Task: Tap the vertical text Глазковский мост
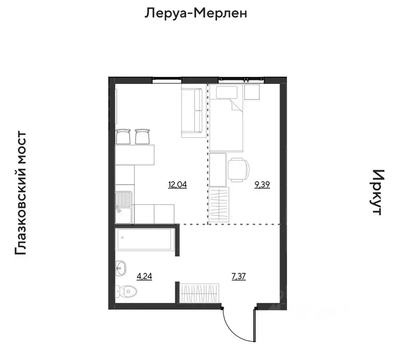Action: [x=21, y=194]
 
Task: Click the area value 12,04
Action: [x=177, y=185]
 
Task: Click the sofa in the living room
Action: [x=192, y=112]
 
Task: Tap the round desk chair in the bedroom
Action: [x=238, y=169]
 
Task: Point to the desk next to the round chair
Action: [x=218, y=169]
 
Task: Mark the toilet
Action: [x=127, y=292]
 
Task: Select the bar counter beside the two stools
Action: [x=136, y=155]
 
